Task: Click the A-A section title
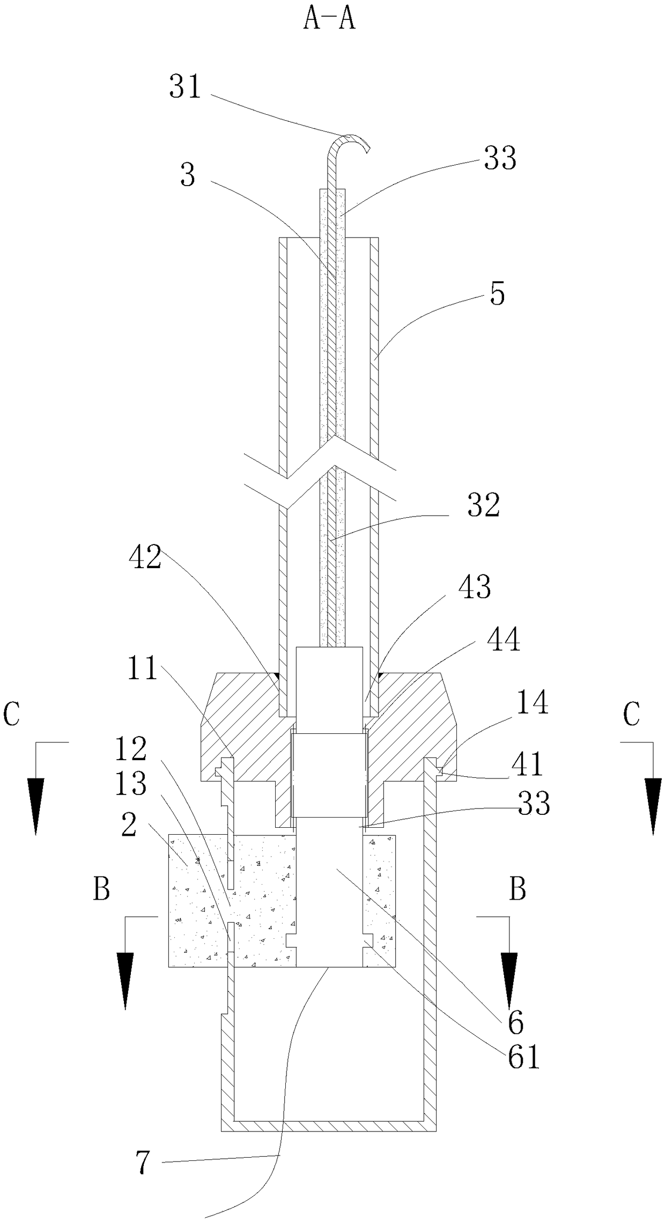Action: pyautogui.click(x=329, y=20)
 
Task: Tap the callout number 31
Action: pyautogui.click(x=185, y=87)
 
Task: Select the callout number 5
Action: pyautogui.click(x=498, y=295)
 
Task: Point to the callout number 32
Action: pyautogui.click(x=483, y=506)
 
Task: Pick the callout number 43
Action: pyautogui.click(x=475, y=587)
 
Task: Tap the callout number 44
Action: pyautogui.click(x=504, y=639)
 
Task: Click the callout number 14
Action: pyautogui.click(x=533, y=703)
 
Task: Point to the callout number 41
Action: pyautogui.click(x=528, y=764)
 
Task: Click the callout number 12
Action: pyautogui.click(x=131, y=749)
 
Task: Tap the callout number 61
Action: pyautogui.click(x=523, y=1058)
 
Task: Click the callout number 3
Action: pyautogui.click(x=187, y=175)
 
